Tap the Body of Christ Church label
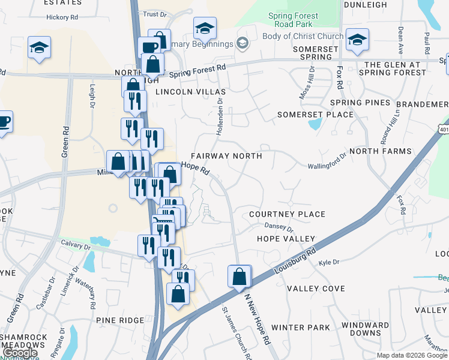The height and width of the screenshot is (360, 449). click(x=303, y=36)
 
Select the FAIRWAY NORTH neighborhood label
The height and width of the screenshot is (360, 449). click(x=226, y=156)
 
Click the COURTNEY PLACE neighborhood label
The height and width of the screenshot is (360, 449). click(x=287, y=214)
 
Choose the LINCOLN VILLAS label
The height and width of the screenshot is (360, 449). click(x=190, y=92)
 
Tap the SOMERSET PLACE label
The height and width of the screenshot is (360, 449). click(x=315, y=115)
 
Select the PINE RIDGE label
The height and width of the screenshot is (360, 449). click(x=119, y=321)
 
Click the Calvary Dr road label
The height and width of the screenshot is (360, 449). click(x=75, y=246)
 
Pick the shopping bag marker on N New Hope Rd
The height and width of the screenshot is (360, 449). click(x=239, y=277)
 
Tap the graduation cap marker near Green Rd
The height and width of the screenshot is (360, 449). click(x=39, y=48)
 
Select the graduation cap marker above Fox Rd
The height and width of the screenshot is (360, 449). click(x=357, y=40)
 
